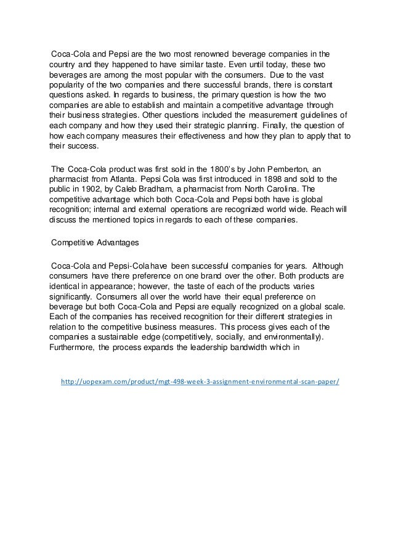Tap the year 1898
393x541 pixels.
(261, 179)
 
